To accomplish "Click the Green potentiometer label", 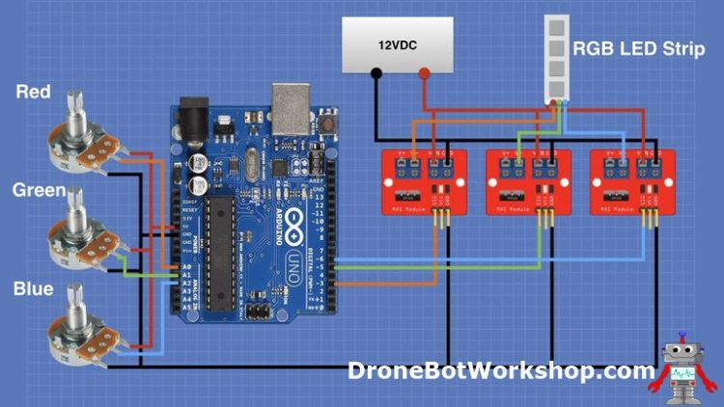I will tap(38, 190).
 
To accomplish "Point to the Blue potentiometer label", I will tap(34, 288).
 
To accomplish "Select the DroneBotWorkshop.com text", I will tap(501, 370).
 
